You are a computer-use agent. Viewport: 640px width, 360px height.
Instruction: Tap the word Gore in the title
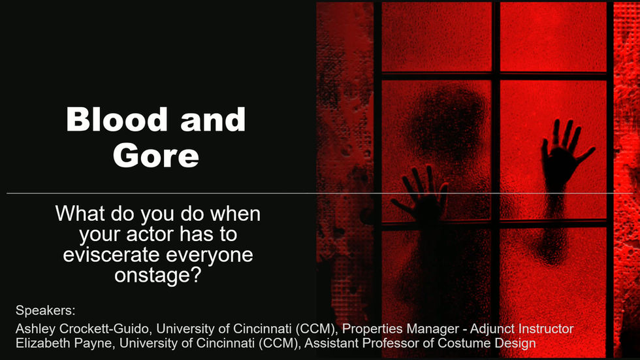click(x=156, y=155)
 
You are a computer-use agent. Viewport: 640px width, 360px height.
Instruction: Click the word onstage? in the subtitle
click(x=158, y=274)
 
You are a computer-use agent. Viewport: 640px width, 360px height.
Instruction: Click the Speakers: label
click(x=45, y=310)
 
